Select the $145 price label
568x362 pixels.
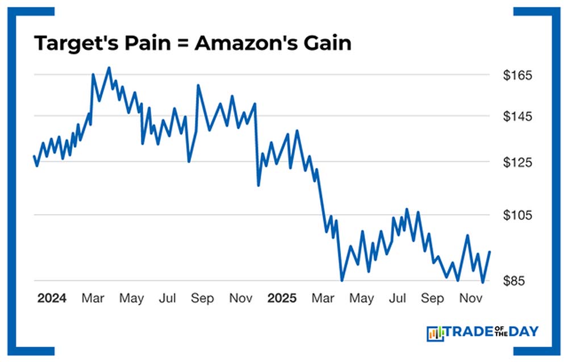tap(517, 116)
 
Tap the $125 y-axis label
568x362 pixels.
tap(517, 163)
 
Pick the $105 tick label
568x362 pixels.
tap(517, 215)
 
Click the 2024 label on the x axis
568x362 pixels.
tap(52, 298)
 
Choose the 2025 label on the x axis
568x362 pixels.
tap(282, 298)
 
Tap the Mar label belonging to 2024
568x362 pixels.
tap(93, 298)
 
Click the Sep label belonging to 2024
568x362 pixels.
tap(202, 298)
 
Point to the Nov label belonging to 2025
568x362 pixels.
tap(468, 298)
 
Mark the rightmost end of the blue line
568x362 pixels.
tap(490, 252)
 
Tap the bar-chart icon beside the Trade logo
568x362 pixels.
tap(435, 333)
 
